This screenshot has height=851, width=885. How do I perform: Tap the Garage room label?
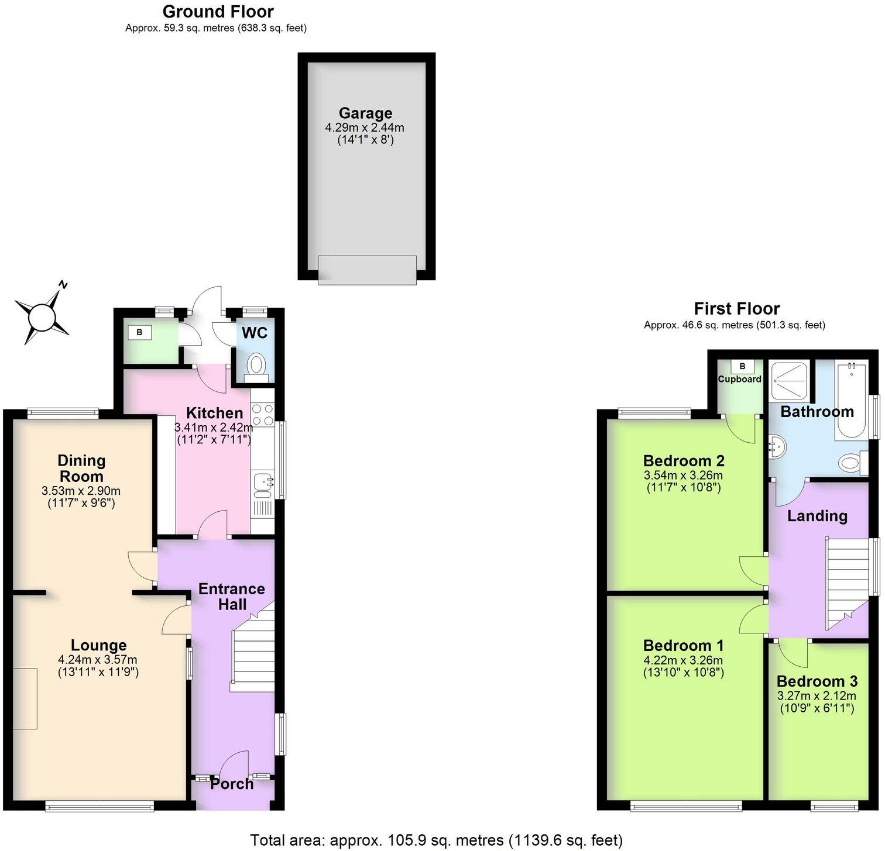click(365, 113)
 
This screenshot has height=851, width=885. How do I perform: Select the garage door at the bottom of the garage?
click(367, 270)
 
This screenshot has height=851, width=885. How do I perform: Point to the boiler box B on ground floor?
click(139, 333)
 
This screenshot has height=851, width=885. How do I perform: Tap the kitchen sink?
click(262, 485)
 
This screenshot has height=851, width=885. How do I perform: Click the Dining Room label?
click(81, 468)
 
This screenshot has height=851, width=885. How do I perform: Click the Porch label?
click(232, 784)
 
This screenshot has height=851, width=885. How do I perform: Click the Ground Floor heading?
click(218, 12)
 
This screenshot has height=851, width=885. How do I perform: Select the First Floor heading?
click(736, 308)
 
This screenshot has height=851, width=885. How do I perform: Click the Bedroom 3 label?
click(817, 681)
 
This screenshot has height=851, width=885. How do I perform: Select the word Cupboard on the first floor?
click(740, 379)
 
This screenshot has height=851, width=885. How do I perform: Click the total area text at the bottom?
click(436, 840)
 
